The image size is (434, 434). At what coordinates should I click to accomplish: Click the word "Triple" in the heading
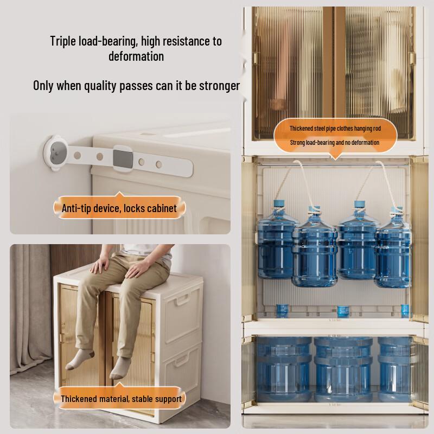(x=63, y=41)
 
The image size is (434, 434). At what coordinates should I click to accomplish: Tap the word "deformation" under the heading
(x=136, y=56)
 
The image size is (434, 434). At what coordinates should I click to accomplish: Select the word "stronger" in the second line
(x=220, y=86)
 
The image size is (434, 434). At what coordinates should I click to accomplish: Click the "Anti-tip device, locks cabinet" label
(x=119, y=208)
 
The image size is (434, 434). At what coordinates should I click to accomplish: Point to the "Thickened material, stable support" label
(x=121, y=399)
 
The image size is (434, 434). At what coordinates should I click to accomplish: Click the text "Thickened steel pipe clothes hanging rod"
(x=335, y=129)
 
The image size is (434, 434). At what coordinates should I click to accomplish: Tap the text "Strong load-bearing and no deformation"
(x=335, y=143)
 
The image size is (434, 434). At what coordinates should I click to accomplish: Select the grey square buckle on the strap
(x=123, y=158)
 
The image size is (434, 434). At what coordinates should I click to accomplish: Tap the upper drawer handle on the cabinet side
(x=182, y=300)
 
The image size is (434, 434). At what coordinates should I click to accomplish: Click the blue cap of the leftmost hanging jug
(x=279, y=204)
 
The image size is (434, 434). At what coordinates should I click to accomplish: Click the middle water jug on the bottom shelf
(x=343, y=369)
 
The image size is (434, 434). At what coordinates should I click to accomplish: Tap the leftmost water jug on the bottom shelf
(x=283, y=369)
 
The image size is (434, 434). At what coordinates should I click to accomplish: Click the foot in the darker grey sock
(x=78, y=360)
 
